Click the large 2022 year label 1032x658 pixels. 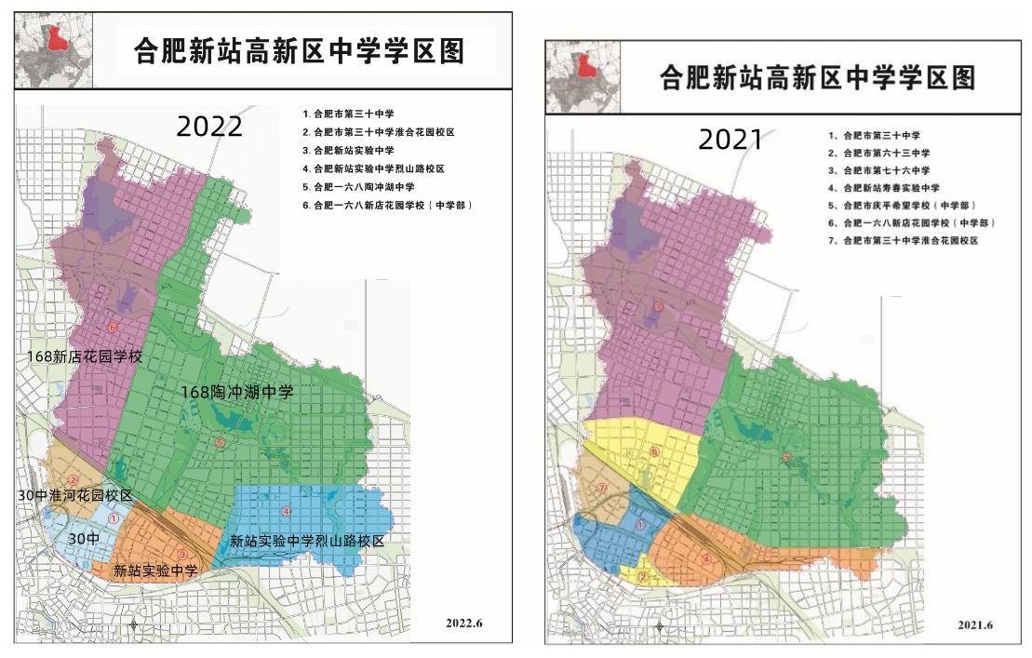point(209,125)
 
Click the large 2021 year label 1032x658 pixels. point(730,139)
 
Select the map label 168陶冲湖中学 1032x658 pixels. point(237,393)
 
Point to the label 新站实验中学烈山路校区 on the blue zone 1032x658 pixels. point(307,541)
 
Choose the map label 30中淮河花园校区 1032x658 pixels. point(76,495)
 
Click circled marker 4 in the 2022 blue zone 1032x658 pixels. point(287,510)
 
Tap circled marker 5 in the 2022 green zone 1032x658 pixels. point(220,442)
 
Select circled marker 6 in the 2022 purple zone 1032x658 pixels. point(113,328)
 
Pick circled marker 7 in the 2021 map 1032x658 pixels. point(602,488)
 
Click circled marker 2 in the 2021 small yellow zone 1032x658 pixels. point(641,577)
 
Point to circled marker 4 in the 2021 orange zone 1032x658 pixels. point(706,559)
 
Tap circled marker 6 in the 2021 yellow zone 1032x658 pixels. point(654,451)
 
